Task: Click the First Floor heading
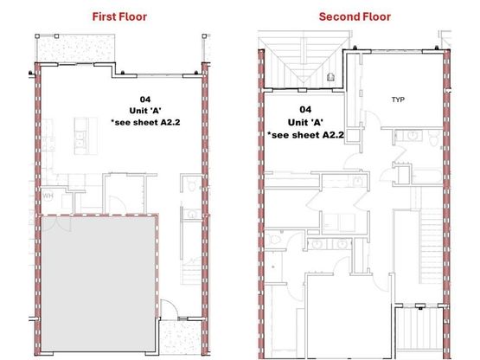119,16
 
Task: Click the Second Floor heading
355,16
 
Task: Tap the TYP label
398,100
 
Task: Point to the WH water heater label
48,196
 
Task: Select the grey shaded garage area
98,283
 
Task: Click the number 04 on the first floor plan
145,100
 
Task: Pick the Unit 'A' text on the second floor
305,122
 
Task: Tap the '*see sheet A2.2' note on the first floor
145,122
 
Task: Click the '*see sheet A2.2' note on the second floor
305,135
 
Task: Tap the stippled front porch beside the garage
181,337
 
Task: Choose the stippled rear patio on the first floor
75,49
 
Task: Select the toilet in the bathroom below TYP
434,138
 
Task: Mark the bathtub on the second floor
426,177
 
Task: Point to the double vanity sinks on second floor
330,244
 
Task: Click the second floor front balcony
419,328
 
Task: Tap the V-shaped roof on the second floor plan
304,64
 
